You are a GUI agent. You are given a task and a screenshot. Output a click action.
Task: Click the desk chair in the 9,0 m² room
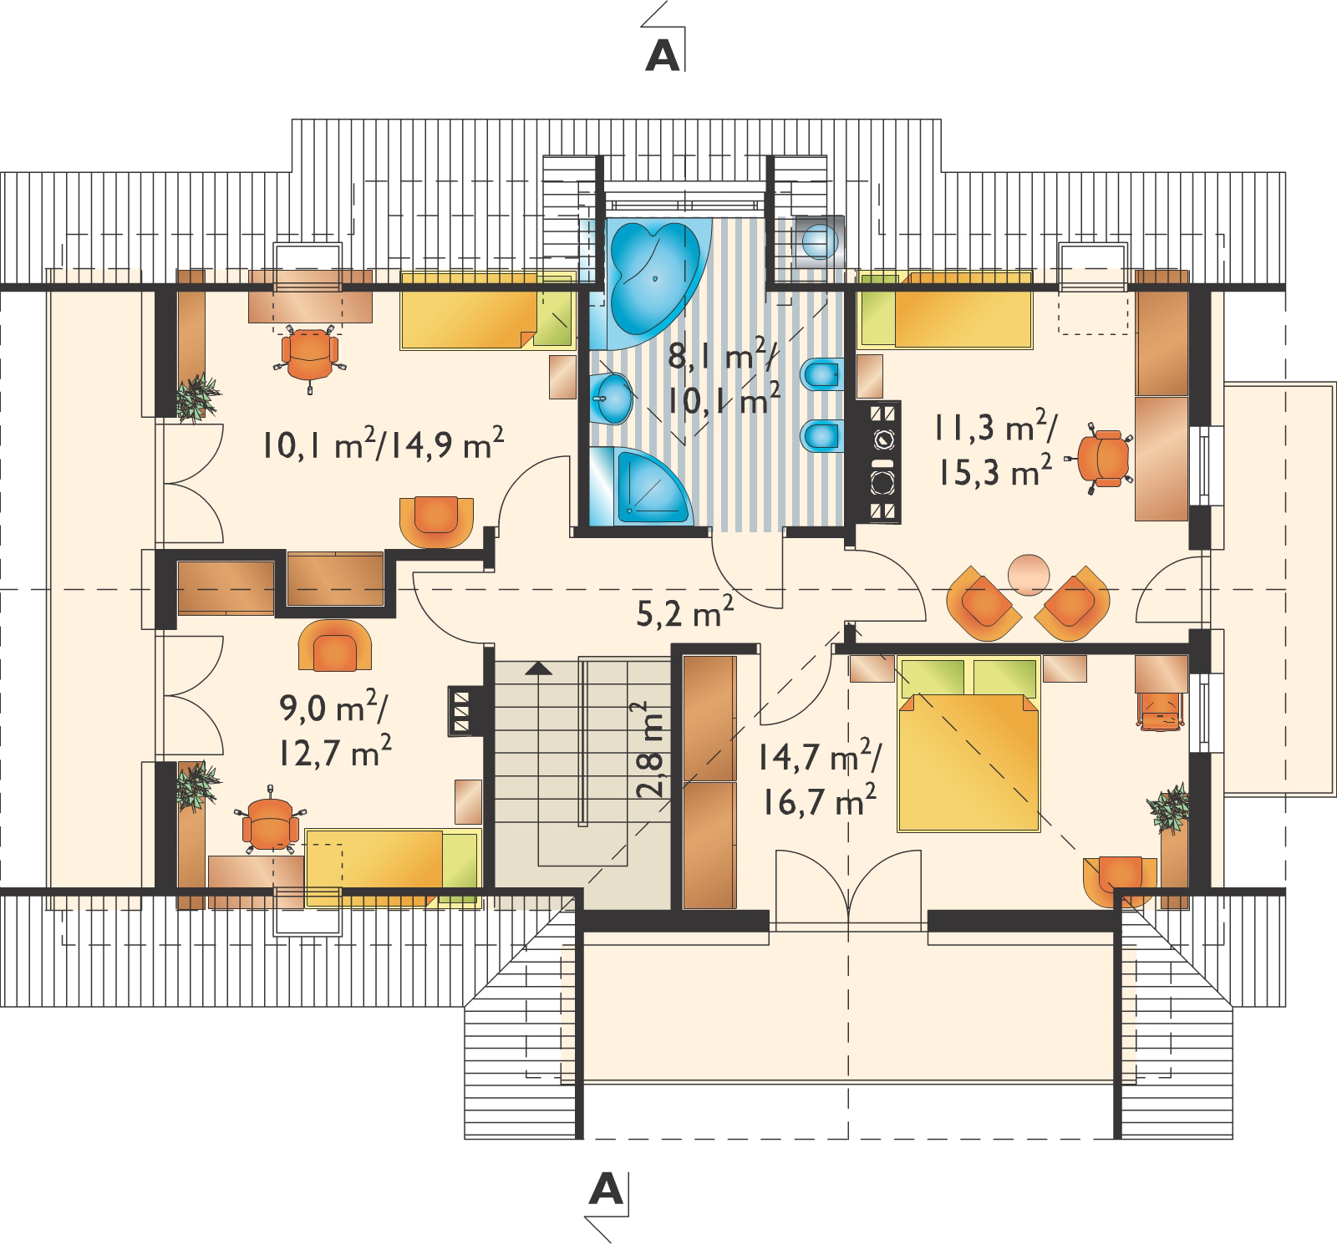click(270, 823)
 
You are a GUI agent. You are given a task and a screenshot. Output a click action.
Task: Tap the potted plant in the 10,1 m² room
click(199, 395)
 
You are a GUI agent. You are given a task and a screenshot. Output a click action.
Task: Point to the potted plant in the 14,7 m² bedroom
click(1169, 806)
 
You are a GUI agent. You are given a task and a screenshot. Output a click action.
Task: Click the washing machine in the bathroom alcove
click(818, 241)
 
